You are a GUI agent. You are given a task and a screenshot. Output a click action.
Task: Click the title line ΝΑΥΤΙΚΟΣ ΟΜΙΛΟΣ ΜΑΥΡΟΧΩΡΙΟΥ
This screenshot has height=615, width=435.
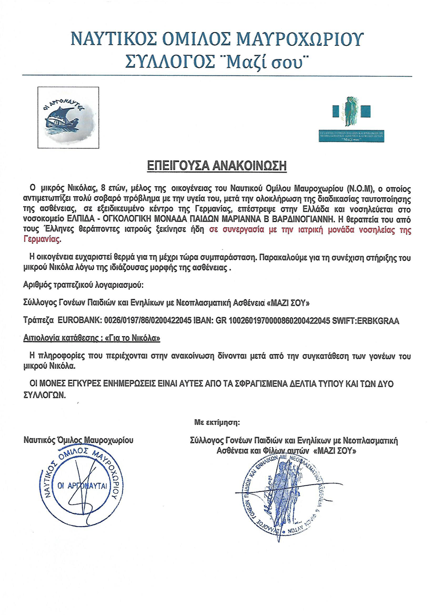point(217,39)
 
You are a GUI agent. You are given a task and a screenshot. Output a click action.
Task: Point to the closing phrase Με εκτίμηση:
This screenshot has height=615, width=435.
point(217,421)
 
